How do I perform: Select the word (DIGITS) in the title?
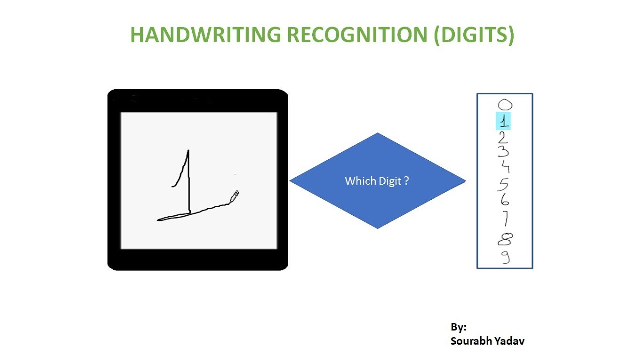(474, 35)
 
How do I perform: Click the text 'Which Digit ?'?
(377, 181)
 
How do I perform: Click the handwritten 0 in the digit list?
(505, 105)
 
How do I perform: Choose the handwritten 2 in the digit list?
(503, 137)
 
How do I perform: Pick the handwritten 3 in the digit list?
(504, 153)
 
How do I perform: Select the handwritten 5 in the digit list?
(503, 184)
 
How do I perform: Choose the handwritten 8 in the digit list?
(505, 240)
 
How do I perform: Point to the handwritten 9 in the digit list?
(506, 257)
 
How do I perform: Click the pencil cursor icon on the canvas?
(234, 196)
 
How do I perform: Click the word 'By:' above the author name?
(458, 327)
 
